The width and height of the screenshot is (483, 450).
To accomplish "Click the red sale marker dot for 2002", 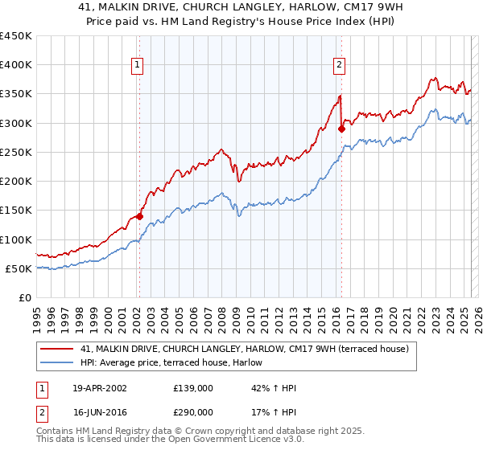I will click(139, 215).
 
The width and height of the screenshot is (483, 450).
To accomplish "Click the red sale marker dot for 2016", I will click(341, 128).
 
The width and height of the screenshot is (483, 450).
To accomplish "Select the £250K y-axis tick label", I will click(16, 152).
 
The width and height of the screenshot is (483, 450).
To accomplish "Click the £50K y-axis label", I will click(19, 268).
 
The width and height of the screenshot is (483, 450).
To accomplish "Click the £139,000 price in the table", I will click(192, 388).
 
